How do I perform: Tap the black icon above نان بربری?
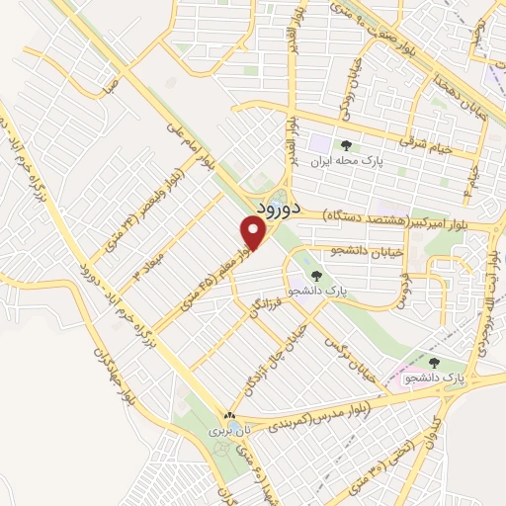click(229, 417)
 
